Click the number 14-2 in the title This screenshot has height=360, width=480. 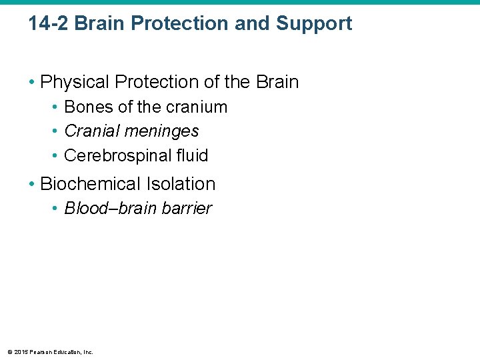tap(49, 24)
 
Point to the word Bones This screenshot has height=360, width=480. tap(87, 107)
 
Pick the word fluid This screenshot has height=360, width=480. tap(193, 155)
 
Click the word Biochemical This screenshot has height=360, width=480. tap(92, 184)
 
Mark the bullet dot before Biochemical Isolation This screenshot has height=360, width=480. tap(32, 185)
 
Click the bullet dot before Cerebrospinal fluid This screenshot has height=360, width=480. tap(56, 156)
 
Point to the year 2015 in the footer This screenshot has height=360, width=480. tap(19, 351)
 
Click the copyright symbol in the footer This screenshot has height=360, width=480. tap(8, 351)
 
